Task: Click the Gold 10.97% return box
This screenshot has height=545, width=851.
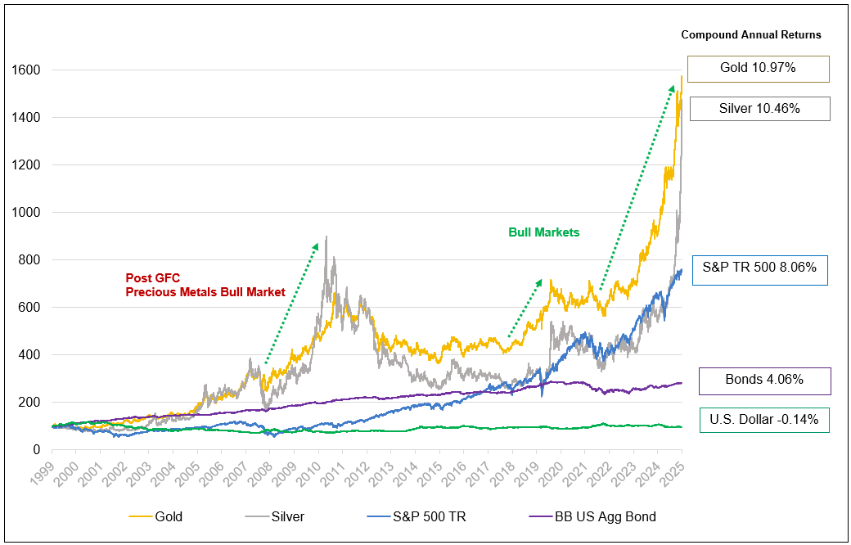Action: point(759,69)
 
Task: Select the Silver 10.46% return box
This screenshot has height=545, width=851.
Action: point(759,109)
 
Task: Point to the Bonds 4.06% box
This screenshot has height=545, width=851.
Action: point(764,381)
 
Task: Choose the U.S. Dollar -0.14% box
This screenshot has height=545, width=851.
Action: point(764,421)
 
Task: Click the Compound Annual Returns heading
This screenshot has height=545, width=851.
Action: point(750,35)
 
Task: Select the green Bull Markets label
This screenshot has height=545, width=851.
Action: point(543,232)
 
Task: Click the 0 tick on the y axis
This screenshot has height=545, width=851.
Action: point(38,450)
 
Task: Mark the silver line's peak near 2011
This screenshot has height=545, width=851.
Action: point(326,237)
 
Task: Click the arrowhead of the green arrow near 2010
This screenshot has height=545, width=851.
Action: point(316,245)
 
